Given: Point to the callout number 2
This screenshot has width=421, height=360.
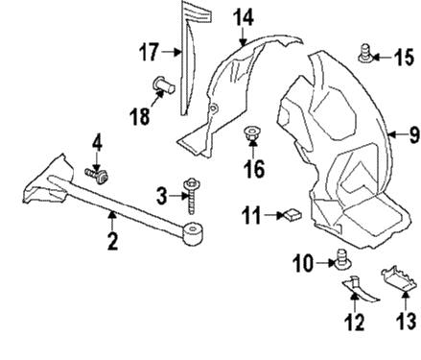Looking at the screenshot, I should click(111, 241).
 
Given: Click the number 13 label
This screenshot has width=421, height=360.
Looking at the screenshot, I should click(408, 323).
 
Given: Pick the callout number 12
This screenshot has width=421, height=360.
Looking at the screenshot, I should click(355, 323).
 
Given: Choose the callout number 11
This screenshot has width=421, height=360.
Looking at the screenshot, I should click(251, 218).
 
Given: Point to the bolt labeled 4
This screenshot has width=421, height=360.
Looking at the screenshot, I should click(97, 177).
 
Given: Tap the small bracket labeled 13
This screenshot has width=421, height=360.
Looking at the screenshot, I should click(399, 280).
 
